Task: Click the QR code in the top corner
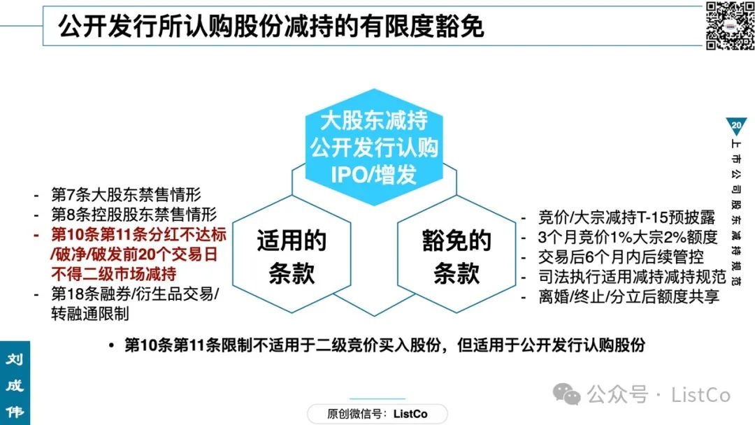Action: (x=729, y=25)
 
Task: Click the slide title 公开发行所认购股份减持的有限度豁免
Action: (x=271, y=26)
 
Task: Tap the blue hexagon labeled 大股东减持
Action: (x=374, y=147)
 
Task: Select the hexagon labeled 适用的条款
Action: (x=292, y=254)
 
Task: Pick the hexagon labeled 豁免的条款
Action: (x=456, y=254)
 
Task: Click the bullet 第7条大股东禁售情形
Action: (x=126, y=194)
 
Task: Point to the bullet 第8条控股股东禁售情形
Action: (x=134, y=214)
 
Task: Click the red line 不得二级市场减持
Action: (x=114, y=274)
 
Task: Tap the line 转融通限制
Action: (x=90, y=313)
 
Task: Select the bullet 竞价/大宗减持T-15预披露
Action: (x=626, y=217)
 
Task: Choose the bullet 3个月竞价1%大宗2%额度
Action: (x=628, y=237)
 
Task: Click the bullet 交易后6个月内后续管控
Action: (x=621, y=257)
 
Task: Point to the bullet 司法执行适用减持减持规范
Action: (x=632, y=276)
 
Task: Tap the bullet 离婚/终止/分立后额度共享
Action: (x=629, y=296)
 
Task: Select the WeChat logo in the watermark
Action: (x=567, y=394)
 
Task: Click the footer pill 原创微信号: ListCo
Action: (x=377, y=414)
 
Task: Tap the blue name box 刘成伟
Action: (x=15, y=383)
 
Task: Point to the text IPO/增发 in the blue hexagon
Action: (x=374, y=174)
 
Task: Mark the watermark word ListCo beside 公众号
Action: (x=701, y=395)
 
